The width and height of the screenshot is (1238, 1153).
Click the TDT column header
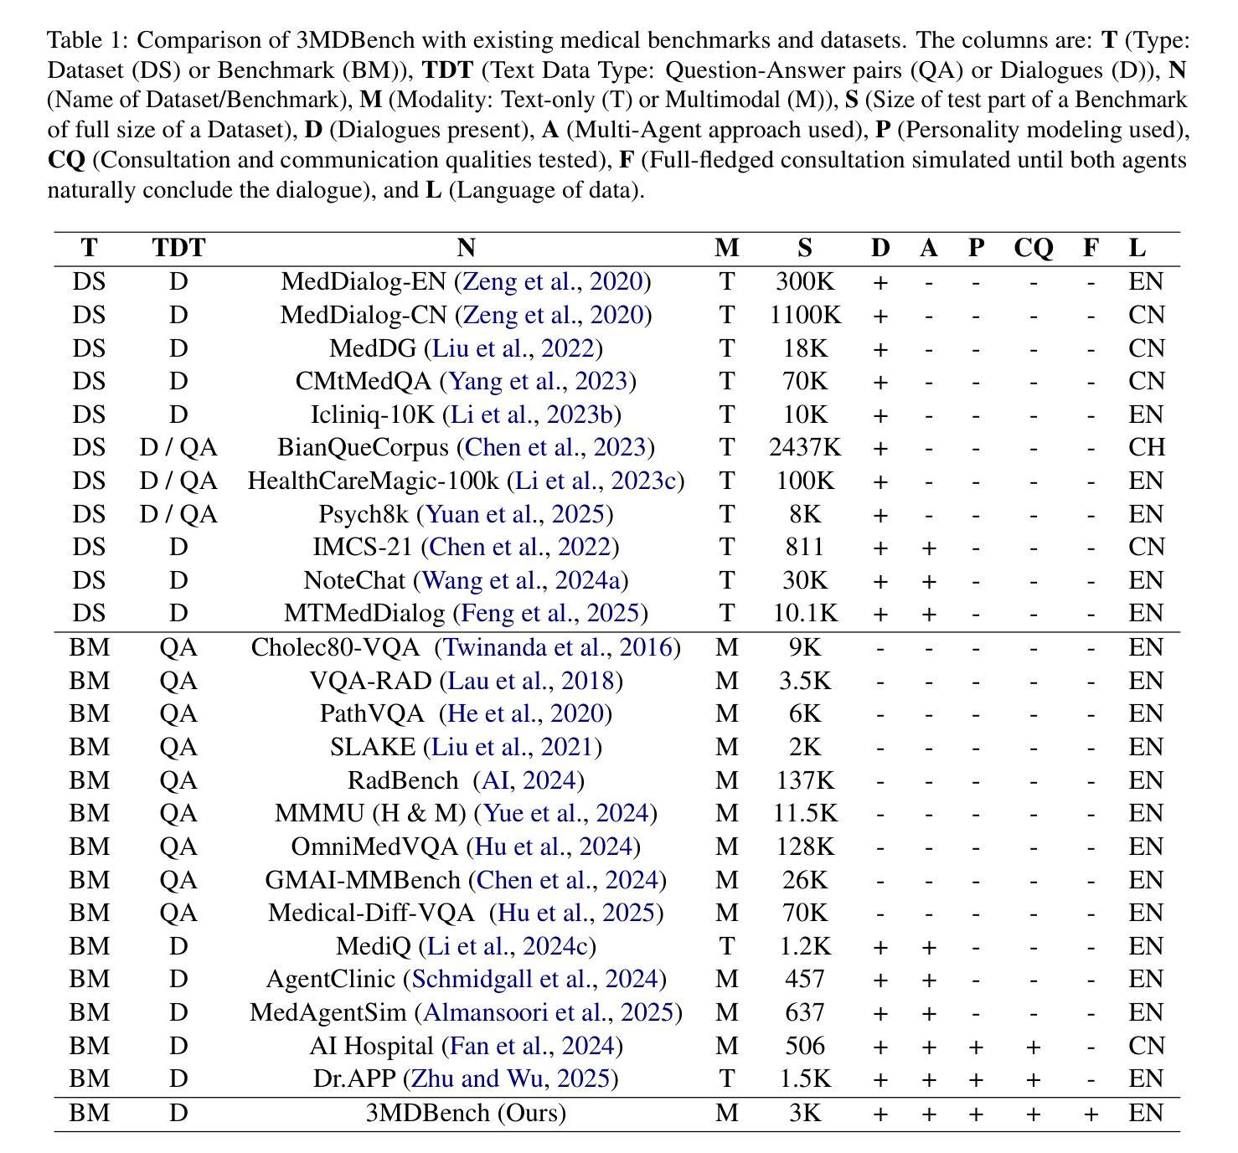pos(178,248)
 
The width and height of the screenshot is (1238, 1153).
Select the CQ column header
pos(1033,248)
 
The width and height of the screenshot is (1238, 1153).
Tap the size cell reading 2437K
pos(804,447)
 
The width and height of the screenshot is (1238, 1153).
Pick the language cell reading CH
pos(1146,447)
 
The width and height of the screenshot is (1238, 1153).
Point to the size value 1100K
pos(804,315)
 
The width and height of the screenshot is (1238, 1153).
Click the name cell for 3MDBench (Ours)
pos(466,1113)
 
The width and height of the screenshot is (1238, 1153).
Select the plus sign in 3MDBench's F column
pos(1090,1114)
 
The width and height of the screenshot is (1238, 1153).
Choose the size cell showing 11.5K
pos(804,813)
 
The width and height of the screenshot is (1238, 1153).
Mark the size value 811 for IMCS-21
pos(804,547)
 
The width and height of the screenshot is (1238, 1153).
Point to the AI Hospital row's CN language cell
pos(1146,1046)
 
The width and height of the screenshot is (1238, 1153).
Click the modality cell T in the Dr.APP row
pos(726,1078)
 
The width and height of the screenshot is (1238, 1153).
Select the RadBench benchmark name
pos(403,780)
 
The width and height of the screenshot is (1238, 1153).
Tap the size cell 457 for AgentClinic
pos(804,979)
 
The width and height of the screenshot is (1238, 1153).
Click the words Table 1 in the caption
pos(87,40)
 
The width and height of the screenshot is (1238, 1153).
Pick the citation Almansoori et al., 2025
pos(549,1012)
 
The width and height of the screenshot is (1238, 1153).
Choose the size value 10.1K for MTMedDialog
pos(804,613)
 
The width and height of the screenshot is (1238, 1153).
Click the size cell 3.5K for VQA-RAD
pos(804,681)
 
